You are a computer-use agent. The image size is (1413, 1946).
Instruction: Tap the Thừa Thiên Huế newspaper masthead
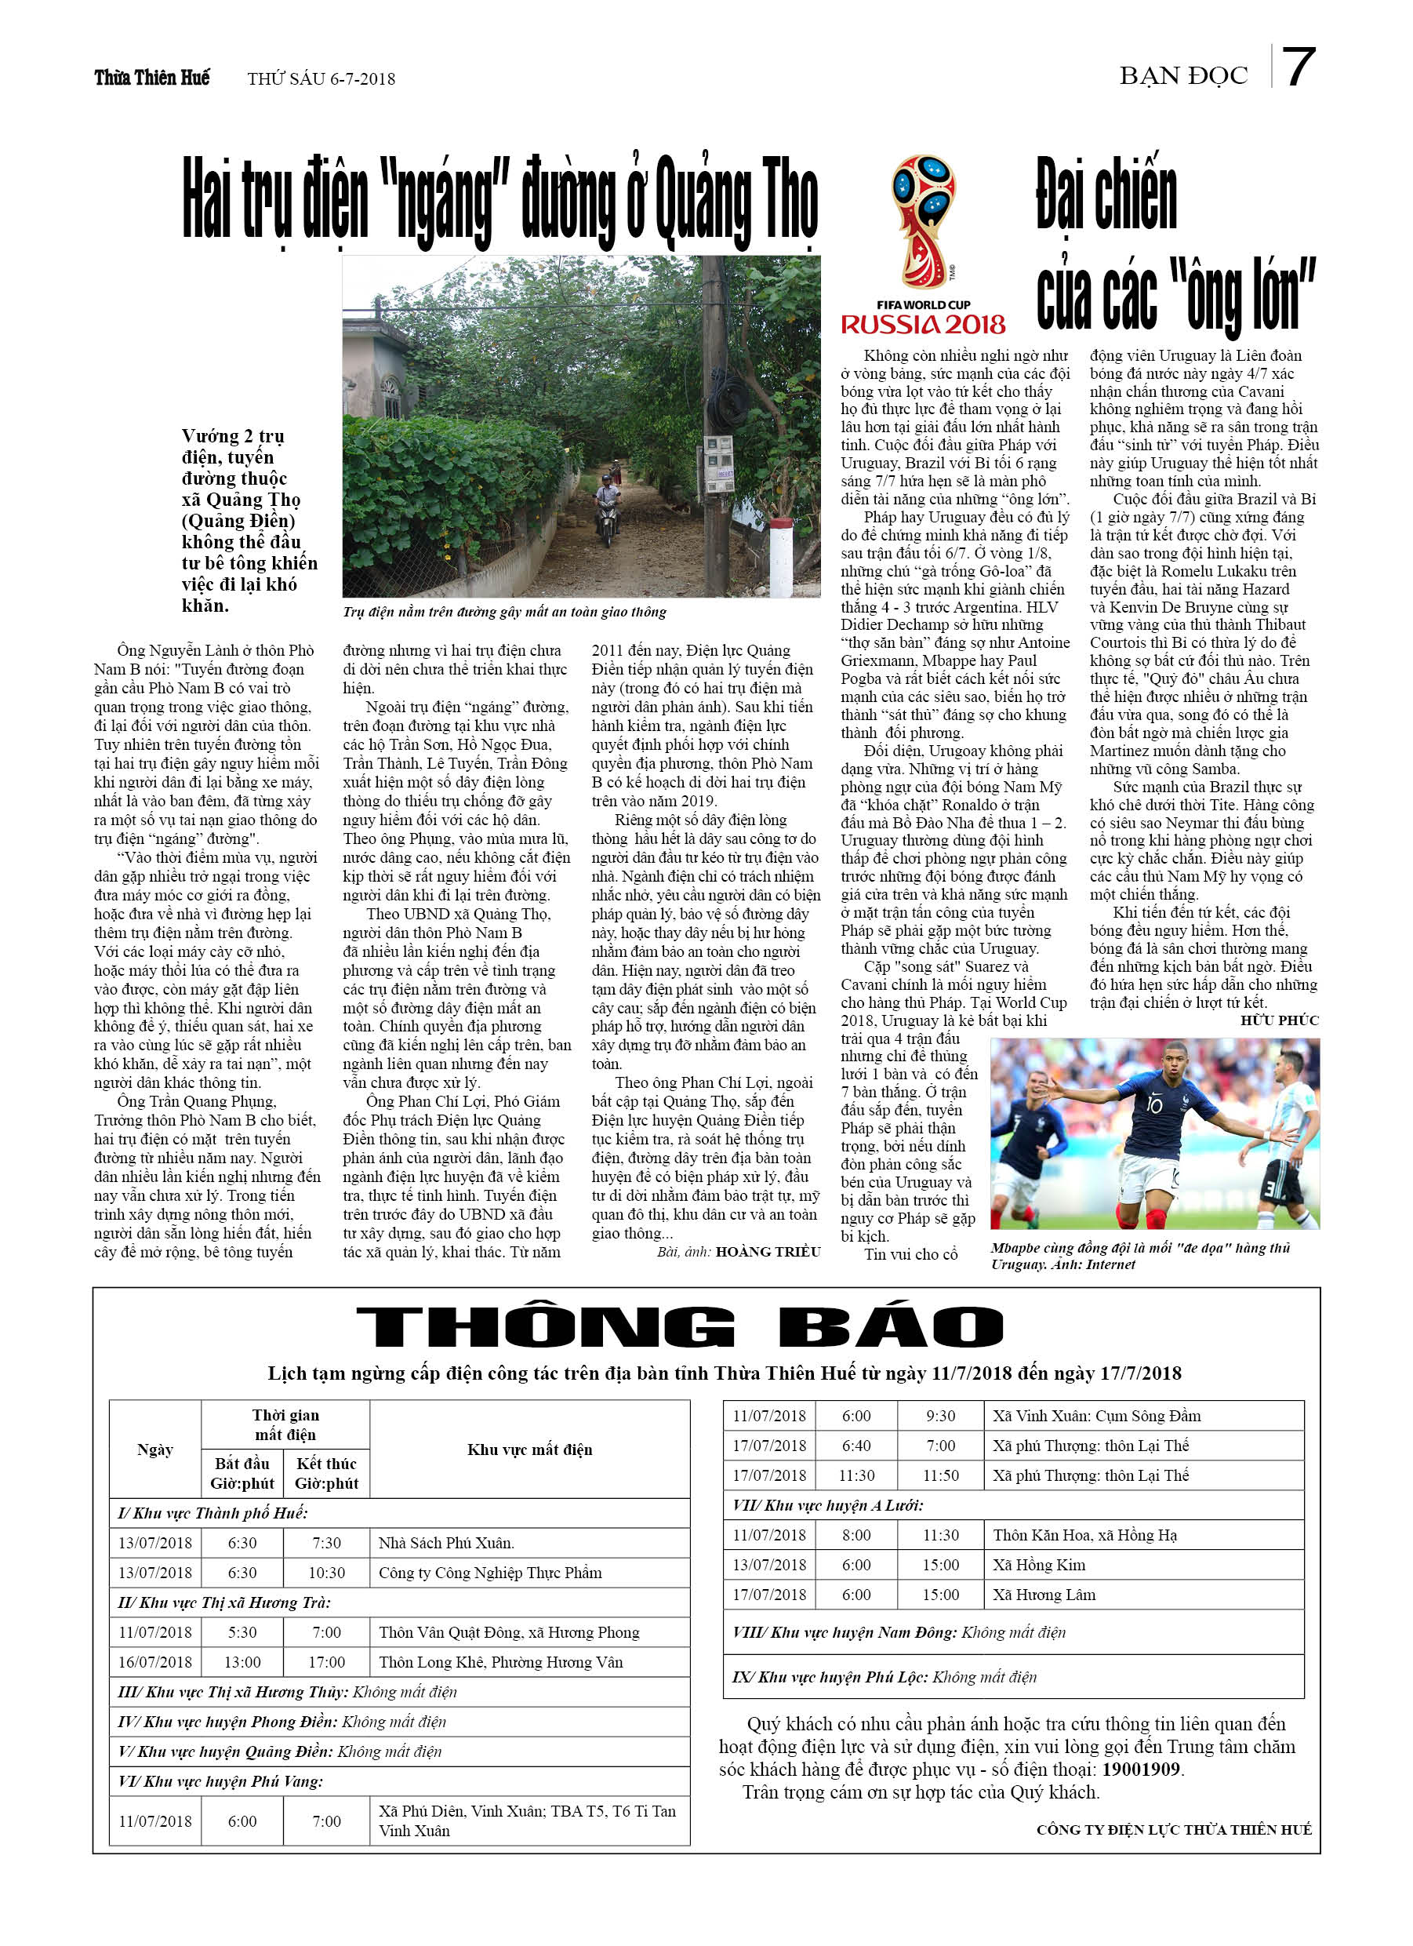coord(152,78)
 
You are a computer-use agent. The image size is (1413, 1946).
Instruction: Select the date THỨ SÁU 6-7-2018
coord(321,79)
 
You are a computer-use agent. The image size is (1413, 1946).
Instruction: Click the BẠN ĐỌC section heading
coord(1182,76)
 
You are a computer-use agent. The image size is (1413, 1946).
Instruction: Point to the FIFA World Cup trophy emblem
coord(923,221)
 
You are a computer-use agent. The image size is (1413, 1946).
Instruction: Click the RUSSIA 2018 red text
coord(923,326)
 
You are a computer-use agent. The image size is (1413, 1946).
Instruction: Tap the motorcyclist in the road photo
coord(608,508)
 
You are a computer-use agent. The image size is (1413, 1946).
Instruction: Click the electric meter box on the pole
coord(719,464)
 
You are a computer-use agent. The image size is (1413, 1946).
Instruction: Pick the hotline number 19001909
coord(1141,1770)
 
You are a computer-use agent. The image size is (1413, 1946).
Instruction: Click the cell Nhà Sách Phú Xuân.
coord(446,1543)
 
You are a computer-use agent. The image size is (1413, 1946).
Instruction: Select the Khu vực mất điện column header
coord(529,1449)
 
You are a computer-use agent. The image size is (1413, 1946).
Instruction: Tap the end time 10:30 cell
coord(326,1573)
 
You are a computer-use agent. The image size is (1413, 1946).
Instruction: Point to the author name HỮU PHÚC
coord(1279,1020)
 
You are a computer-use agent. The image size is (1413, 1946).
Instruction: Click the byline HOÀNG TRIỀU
coord(767,1252)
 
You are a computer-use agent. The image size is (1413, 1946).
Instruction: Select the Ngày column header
coord(155,1449)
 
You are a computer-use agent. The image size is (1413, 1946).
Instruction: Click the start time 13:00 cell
coord(242,1662)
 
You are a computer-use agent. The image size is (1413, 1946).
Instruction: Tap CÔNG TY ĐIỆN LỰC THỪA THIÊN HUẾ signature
coord(1174,1829)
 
